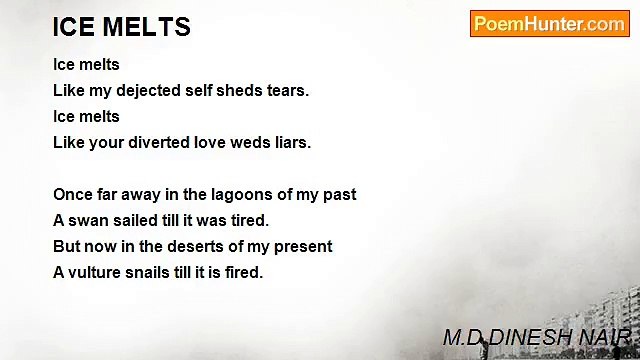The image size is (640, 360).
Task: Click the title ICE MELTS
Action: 121,27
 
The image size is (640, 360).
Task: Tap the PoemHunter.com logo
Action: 549,24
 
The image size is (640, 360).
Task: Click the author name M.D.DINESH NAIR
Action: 536,338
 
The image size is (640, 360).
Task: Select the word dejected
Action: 147,90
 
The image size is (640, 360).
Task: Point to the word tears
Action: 286,90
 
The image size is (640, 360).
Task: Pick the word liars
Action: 290,142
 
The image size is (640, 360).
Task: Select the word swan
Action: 88,220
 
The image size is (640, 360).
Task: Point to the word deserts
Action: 192,246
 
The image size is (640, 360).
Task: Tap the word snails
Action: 153,272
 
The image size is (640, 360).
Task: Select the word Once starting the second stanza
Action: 72,194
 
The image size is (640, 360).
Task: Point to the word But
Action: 66,246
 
